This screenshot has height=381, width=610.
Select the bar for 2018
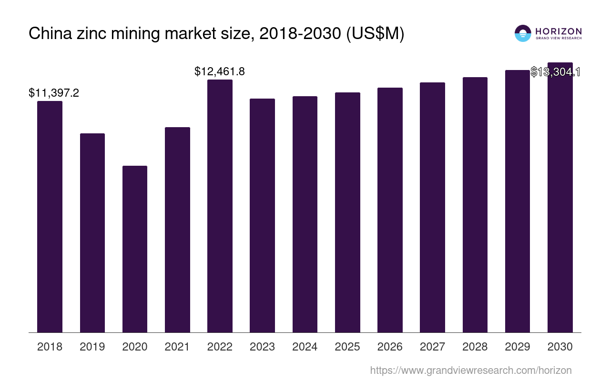[x=50, y=217]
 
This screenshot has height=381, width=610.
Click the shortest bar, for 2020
[x=135, y=249]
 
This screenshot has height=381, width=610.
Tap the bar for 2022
[x=220, y=206]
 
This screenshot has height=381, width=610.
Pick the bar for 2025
[x=347, y=212]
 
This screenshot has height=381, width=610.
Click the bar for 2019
[x=92, y=233]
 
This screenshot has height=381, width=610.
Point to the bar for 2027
[x=432, y=207]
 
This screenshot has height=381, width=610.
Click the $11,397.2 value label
[x=54, y=93]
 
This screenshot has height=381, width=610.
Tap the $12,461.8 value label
[x=220, y=71]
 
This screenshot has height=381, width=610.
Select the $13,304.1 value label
[x=555, y=72]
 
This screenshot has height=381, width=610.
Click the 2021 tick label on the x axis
[x=177, y=347]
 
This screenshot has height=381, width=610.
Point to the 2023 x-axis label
[x=262, y=347]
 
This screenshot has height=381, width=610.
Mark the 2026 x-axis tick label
[x=390, y=347]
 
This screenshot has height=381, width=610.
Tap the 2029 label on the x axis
[x=518, y=347]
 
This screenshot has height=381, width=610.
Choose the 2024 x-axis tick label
[x=305, y=347]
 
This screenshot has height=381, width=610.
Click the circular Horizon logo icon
[x=523, y=33]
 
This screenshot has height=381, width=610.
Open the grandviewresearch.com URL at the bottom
[x=470, y=370]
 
